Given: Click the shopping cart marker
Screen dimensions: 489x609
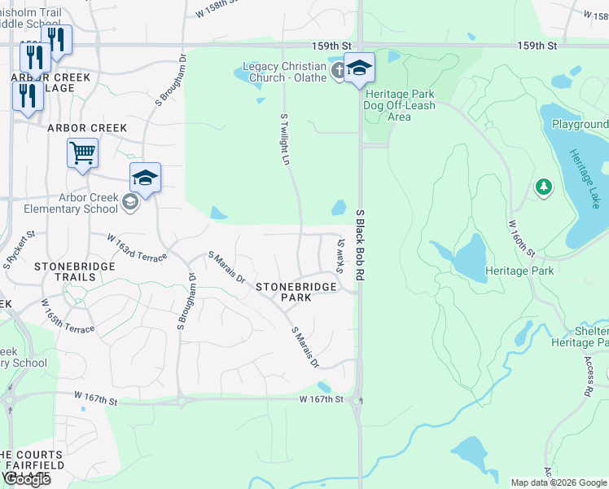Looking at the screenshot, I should pos(83,152).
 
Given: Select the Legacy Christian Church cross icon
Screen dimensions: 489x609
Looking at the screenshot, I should pos(337,72).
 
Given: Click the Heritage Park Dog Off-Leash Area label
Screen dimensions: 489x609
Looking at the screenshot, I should pos(399,106).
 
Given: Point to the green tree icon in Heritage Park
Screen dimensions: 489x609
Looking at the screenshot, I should pos(543,187).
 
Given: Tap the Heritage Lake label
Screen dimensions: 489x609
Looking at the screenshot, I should pos(584,178).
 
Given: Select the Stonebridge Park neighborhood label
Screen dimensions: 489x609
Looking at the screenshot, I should pos(296,293).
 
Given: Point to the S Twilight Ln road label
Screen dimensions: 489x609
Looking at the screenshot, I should pos(285,139).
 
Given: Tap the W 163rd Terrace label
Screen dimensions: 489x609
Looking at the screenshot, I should pos(138,247).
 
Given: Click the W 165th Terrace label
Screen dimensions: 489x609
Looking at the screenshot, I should pos(68,316).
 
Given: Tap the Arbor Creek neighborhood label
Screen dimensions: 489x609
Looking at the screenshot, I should pos(87,128).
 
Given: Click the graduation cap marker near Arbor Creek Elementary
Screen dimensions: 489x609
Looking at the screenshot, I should pos(145,178).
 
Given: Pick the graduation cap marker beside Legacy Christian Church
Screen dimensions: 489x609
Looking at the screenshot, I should pos(359,68).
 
